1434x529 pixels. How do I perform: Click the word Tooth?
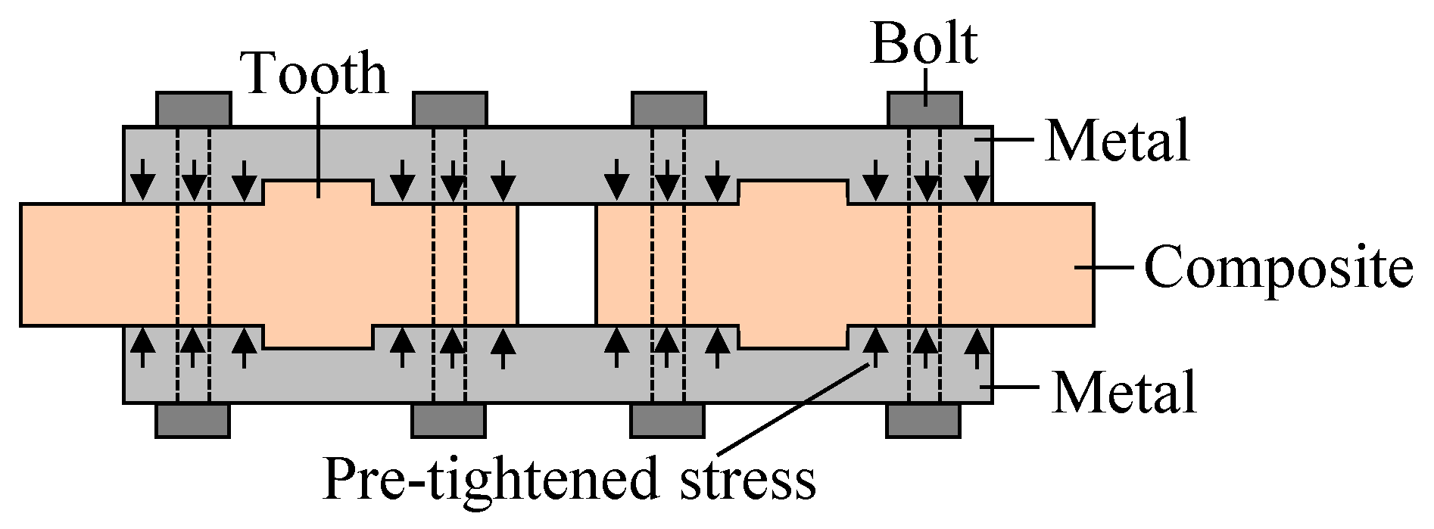click(x=316, y=74)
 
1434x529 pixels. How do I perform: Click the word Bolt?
click(x=924, y=44)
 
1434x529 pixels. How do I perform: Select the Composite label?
click(x=1277, y=267)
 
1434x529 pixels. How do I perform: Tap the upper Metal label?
click(x=1117, y=141)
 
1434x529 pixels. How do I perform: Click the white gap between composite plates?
click(x=557, y=264)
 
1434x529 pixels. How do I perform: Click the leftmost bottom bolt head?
click(x=192, y=421)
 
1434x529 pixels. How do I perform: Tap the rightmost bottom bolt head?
click(x=922, y=421)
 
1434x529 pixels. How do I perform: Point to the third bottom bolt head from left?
click(x=667, y=421)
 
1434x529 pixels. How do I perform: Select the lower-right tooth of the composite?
click(x=792, y=338)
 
